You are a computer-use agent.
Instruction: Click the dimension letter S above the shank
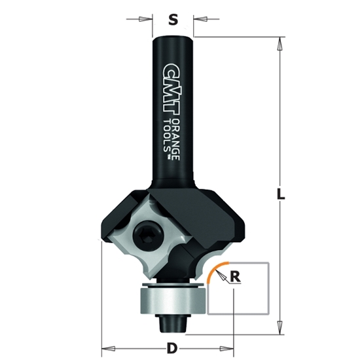coord(173,20)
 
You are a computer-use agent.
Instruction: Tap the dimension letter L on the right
coord(281,194)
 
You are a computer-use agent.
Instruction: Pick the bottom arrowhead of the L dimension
coord(280,323)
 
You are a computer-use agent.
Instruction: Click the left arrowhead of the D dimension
coord(105,348)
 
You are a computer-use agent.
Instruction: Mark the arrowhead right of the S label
coord(195,20)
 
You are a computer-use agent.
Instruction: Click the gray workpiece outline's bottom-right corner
coord(268,315)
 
